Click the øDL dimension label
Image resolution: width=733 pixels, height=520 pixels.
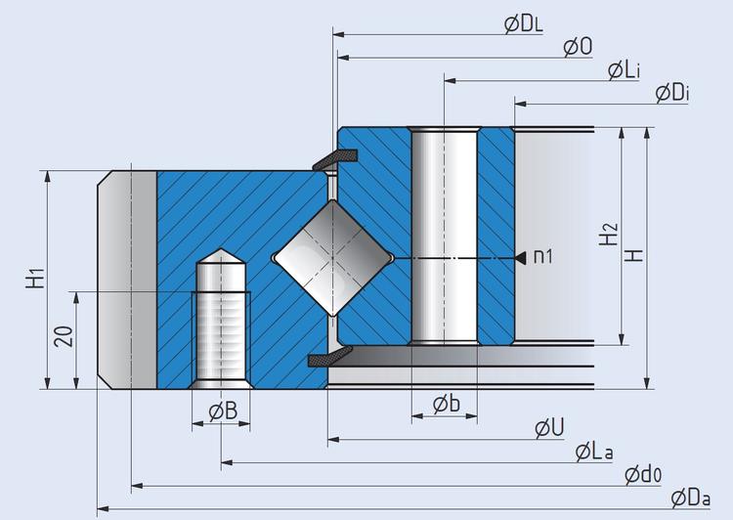pyautogui.click(x=524, y=24)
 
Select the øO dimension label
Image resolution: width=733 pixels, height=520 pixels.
pyautogui.click(x=578, y=47)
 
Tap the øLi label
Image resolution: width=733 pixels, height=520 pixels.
pyautogui.click(x=624, y=70)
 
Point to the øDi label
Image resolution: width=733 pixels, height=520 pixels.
pyautogui.click(x=672, y=94)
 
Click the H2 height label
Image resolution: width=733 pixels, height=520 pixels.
pyautogui.click(x=609, y=235)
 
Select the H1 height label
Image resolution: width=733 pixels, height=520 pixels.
pyautogui.click(x=35, y=278)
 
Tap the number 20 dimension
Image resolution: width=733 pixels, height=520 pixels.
pyautogui.click(x=65, y=336)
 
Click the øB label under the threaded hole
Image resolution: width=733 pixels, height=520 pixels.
pyautogui.click(x=223, y=412)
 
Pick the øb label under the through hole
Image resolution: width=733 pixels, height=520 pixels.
pyautogui.click(x=447, y=404)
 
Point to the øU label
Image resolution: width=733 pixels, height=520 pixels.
pyautogui.click(x=549, y=428)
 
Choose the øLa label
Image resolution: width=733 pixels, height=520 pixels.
pyautogui.click(x=594, y=452)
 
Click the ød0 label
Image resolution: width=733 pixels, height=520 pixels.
pyautogui.click(x=643, y=475)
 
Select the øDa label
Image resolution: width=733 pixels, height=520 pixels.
pyautogui.click(x=691, y=498)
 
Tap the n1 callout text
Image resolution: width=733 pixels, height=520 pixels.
pyautogui.click(x=543, y=257)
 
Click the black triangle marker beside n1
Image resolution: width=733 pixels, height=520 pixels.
pyautogui.click(x=520, y=258)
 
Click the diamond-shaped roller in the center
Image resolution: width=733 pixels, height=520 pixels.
pyautogui.click(x=333, y=258)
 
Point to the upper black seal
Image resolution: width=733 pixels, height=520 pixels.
pyautogui.click(x=334, y=160)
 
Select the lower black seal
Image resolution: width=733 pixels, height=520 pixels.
pyautogui.click(x=330, y=357)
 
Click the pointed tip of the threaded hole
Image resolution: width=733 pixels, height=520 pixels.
pyautogui.click(x=221, y=249)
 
